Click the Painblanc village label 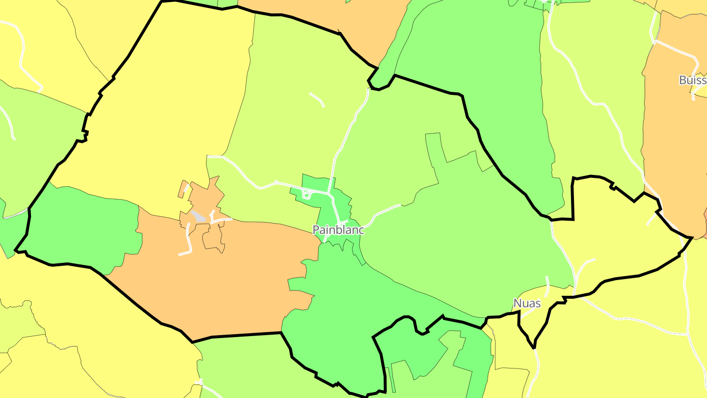338,230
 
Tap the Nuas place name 527,303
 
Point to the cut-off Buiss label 692,80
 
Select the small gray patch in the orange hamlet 198,216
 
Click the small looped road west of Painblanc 307,195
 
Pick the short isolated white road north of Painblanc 317,98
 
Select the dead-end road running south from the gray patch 188,241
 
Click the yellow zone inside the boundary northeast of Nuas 614,236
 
